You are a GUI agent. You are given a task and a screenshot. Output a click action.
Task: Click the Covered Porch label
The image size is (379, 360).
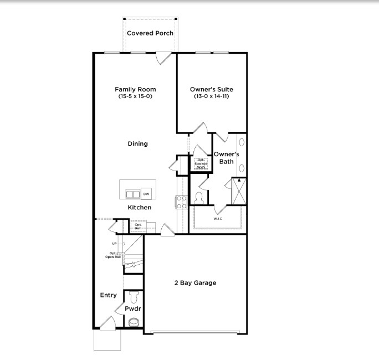coord(150,33)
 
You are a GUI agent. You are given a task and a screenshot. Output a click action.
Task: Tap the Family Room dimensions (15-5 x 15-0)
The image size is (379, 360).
coord(135,96)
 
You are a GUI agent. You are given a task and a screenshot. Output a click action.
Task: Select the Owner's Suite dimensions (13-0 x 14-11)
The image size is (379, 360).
coord(211,96)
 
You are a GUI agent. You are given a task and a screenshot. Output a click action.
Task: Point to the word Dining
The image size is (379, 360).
coord(138,144)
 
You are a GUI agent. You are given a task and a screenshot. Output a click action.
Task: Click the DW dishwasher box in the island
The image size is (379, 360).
coord(146,193)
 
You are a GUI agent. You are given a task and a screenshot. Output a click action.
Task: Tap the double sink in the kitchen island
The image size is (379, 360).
coord(133,194)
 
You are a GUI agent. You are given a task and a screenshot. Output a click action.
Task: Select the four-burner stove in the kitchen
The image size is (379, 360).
coord(181,203)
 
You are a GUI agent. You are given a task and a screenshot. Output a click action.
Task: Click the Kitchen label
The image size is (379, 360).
coord(140,208)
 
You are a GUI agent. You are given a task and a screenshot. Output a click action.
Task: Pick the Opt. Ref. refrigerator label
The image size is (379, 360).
coord(138,225)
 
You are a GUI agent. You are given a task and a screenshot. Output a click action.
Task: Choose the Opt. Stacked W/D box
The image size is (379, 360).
coord(201,163)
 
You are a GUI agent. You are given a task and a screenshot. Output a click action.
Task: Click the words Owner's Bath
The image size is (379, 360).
coord(226,158)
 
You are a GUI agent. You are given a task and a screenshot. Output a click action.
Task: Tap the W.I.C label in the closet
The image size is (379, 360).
coord(217,219)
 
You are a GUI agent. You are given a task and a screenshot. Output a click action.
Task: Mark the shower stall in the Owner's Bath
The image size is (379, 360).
coord(238,191)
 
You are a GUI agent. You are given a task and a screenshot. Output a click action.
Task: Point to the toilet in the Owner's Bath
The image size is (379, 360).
coord(199,198)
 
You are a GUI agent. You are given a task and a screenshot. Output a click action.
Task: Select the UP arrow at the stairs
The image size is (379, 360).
coord(117,244)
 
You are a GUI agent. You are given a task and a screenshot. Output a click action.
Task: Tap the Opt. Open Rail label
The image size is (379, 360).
coord(114,255)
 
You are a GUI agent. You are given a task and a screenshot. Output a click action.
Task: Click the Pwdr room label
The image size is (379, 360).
coord(131,308)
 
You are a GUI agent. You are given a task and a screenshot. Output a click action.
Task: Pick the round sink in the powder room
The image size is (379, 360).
coord(134,322)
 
